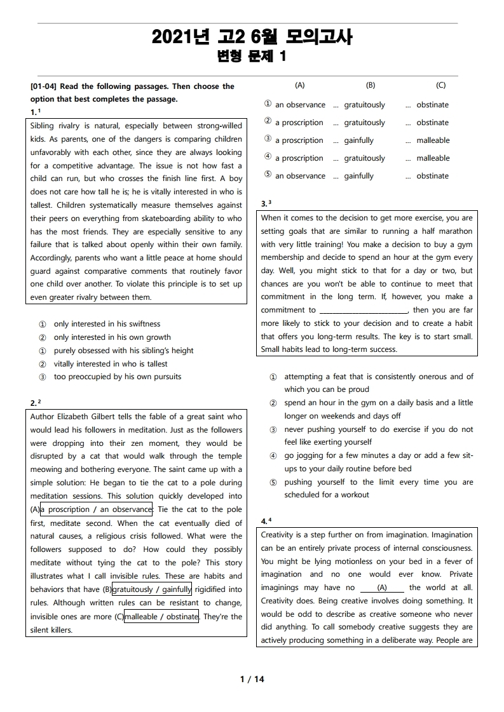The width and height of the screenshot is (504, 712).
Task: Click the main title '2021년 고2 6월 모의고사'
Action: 252,37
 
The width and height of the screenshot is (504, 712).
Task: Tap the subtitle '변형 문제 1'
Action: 252,57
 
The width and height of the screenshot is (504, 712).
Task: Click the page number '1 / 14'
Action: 252,679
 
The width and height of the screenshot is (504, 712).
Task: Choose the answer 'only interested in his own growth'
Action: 112,337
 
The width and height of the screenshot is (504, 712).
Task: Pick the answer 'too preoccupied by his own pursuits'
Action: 117,377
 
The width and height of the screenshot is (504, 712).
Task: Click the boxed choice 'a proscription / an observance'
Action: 96,509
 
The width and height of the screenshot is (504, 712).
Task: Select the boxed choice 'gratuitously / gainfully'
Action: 152,589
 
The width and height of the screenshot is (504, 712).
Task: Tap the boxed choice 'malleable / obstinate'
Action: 161,616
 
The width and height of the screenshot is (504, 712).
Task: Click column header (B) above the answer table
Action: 371,85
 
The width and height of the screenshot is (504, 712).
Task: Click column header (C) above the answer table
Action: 440,85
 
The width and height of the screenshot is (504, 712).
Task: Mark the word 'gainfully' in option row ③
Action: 358,140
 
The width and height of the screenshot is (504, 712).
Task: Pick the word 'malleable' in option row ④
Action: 432,158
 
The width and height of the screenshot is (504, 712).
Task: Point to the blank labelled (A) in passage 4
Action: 382,588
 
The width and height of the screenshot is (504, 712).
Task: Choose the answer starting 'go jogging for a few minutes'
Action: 378,455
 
